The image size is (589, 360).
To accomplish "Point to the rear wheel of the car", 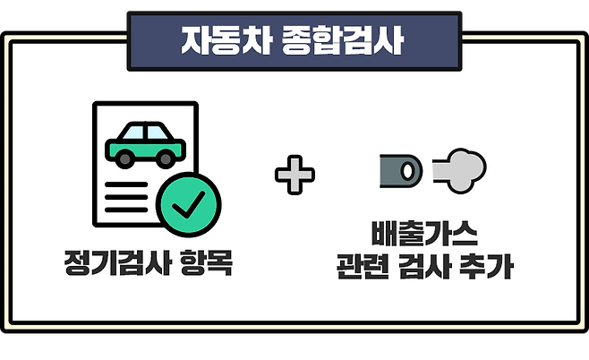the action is [x=123, y=159].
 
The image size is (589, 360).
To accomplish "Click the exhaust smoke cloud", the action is [x=461, y=167].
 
